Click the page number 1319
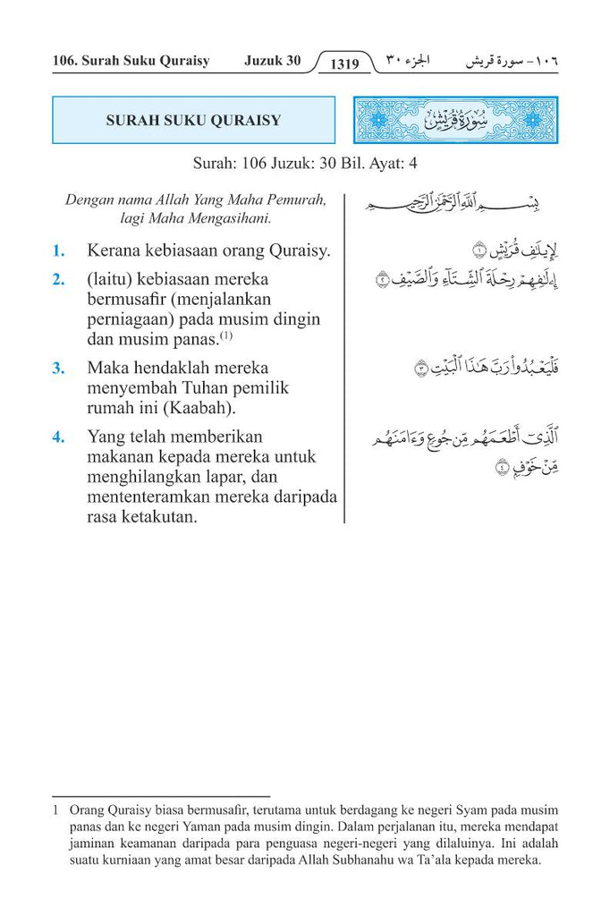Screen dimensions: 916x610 pos(344,64)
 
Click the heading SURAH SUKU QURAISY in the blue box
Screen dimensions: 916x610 pos(193,121)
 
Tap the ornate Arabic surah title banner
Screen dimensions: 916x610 pos(455,121)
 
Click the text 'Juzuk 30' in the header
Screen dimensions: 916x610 pos(273,61)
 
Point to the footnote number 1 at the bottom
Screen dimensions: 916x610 pos(56,810)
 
